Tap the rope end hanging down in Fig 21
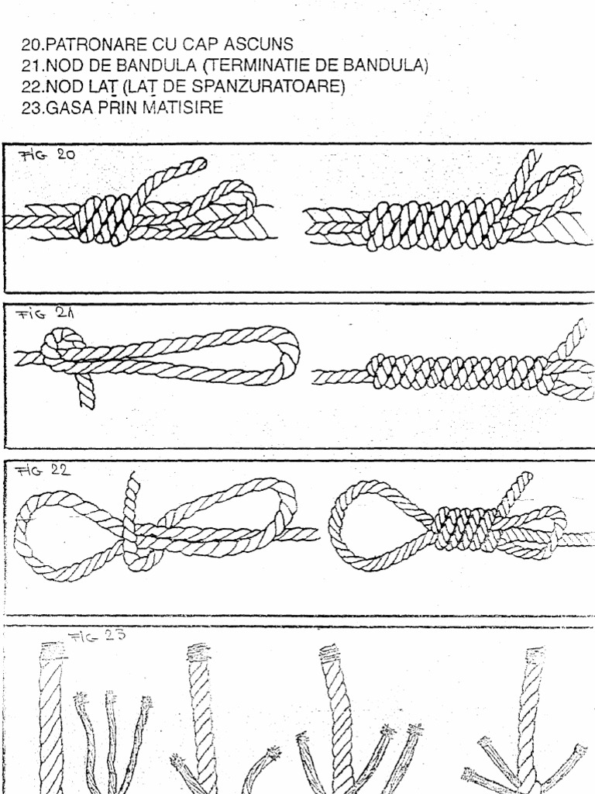click(85, 392)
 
